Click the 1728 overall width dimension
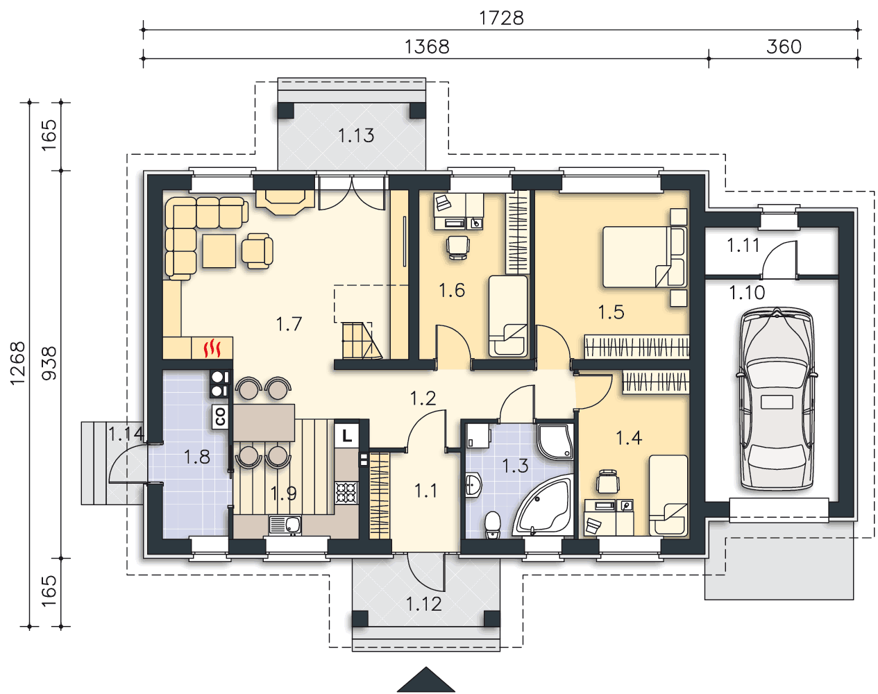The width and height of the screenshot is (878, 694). [501, 18]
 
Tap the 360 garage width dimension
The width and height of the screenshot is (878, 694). [784, 47]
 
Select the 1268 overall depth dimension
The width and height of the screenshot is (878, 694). [18, 364]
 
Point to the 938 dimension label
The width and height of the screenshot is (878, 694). [49, 364]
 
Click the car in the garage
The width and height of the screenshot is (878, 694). [777, 398]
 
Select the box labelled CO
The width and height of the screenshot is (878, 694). [220, 417]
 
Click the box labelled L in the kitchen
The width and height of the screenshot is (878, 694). [346, 436]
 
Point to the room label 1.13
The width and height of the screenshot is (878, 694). [356, 136]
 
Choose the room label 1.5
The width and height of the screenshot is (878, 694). [611, 312]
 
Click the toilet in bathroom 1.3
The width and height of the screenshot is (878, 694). [493, 525]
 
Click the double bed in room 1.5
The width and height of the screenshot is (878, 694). [645, 257]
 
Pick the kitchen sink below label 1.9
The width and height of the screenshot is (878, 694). [285, 525]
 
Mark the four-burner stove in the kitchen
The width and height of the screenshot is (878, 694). [346, 493]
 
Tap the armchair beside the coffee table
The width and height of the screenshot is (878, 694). [257, 251]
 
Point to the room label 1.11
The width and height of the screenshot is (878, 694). [743, 246]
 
